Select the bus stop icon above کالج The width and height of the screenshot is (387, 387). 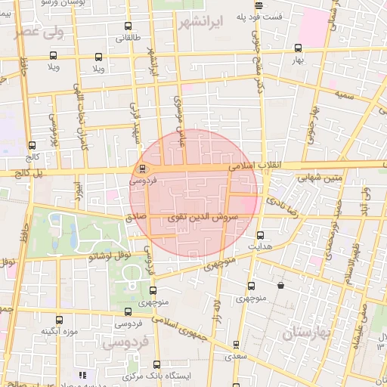coord(32,145)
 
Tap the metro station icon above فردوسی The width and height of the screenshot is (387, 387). coord(143,169)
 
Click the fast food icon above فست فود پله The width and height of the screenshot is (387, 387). coord(259,5)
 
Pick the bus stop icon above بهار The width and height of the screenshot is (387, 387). coord(299,48)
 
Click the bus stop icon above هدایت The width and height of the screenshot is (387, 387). coord(261,234)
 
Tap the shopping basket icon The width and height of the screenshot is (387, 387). coord(281,286)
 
